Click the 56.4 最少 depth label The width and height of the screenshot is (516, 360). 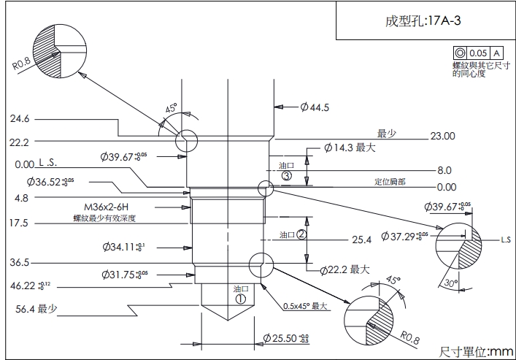pyautogui.click(x=36, y=309)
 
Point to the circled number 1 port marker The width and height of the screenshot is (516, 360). pyautogui.click(x=240, y=298)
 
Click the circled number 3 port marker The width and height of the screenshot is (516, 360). pyautogui.click(x=286, y=176)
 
